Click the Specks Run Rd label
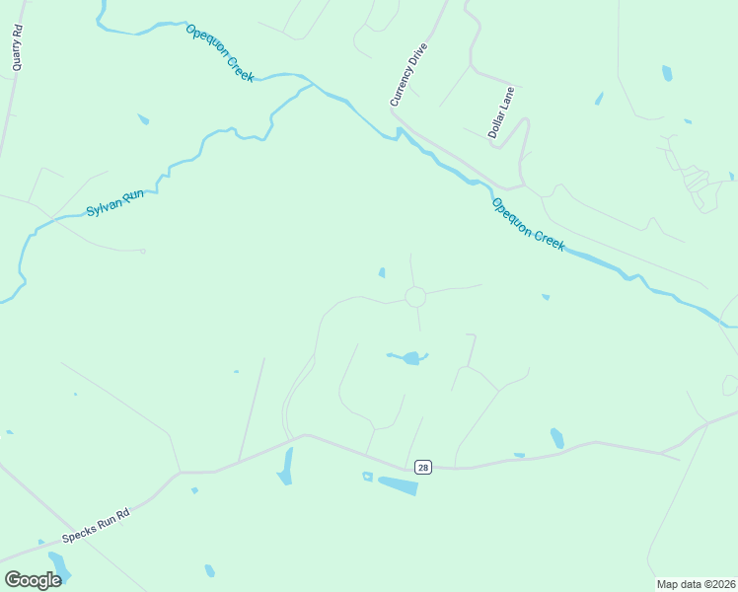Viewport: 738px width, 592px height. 96,528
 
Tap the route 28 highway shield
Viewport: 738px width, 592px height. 422,467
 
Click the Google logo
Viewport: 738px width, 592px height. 33,580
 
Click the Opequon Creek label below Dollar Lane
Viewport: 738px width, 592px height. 528,225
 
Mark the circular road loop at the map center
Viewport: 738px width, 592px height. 415,296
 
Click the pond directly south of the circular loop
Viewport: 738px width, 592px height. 406,357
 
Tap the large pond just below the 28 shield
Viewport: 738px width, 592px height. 399,485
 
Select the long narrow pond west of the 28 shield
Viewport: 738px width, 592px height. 286,466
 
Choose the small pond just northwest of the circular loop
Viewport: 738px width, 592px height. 382,272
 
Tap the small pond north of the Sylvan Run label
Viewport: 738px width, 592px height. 144,119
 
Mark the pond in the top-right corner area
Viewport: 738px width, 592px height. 667,73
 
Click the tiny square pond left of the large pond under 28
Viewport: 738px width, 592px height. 367,477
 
